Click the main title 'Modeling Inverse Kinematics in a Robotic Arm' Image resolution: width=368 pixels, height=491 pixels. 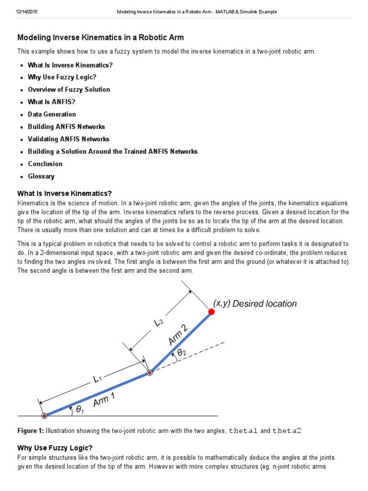pyautogui.click(x=101, y=37)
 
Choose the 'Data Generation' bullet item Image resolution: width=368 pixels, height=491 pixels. pyautogui.click(x=52, y=114)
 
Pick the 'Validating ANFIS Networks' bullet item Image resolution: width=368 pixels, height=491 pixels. pyautogui.click(x=69, y=139)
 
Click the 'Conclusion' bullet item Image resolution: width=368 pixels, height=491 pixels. pyautogui.click(x=45, y=164)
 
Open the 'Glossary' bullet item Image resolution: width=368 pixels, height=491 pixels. pyautogui.click(x=41, y=176)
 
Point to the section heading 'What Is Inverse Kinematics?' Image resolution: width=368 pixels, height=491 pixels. pyautogui.click(x=65, y=193)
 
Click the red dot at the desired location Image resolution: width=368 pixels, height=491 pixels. pyautogui.click(x=211, y=312)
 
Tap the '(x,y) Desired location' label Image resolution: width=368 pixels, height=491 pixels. pyautogui.click(x=255, y=304)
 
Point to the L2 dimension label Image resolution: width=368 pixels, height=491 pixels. pyautogui.click(x=160, y=323)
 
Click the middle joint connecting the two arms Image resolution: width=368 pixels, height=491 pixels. pyautogui.click(x=149, y=373)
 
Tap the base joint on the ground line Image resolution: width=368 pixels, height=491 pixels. pyautogui.click(x=44, y=415)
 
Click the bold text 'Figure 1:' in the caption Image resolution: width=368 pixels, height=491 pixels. pyautogui.click(x=30, y=430)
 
